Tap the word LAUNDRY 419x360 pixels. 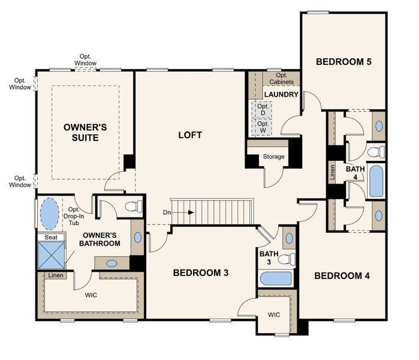(281, 95)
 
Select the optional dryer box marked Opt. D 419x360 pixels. (262, 110)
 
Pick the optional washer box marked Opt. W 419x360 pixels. (262, 127)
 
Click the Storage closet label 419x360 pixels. (273, 157)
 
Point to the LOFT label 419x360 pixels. (190, 134)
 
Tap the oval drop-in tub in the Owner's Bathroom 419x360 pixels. (49, 212)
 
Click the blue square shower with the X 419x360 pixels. (52, 255)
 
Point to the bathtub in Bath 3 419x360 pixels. (276, 279)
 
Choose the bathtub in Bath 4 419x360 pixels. (376, 182)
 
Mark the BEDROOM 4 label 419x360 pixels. (342, 276)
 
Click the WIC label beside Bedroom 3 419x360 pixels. (274, 314)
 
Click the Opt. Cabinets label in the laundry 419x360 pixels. (281, 79)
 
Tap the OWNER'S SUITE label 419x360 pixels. (86, 133)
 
